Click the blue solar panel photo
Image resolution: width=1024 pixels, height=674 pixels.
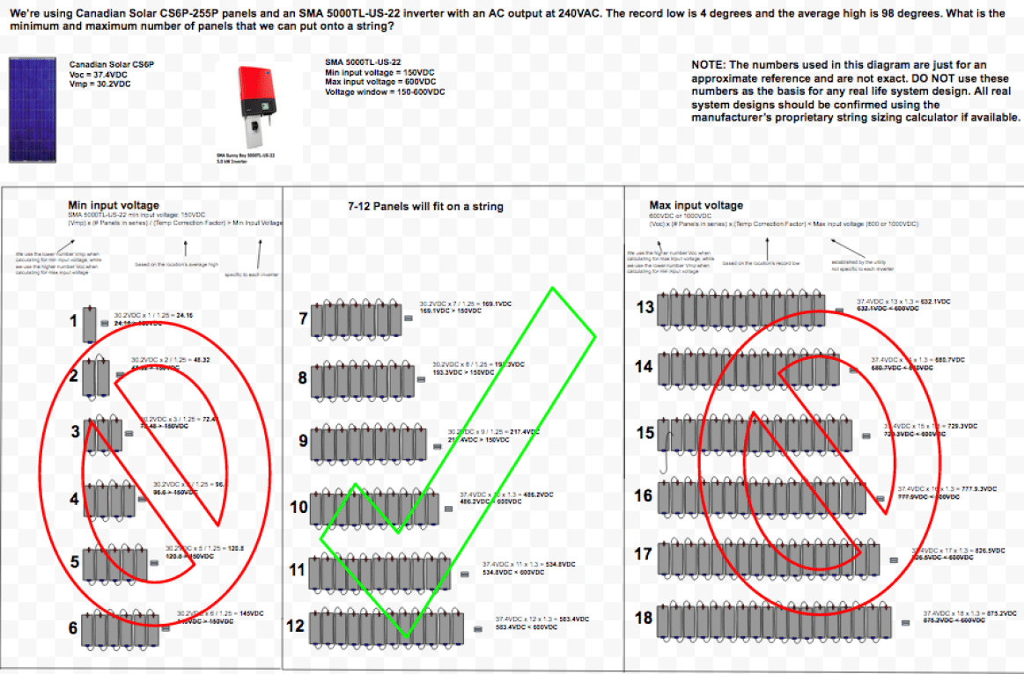(32, 110)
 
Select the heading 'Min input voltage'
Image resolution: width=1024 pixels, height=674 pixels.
(114, 205)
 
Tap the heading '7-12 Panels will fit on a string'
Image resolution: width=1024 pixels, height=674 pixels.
(425, 207)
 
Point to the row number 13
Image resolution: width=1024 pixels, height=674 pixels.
(645, 307)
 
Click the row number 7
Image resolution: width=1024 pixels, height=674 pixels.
(303, 319)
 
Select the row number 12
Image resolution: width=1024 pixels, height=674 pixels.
(296, 626)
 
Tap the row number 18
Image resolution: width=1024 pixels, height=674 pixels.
(644, 618)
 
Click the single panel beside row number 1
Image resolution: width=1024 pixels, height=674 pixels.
(91, 324)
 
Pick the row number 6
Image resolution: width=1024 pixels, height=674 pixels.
(73, 628)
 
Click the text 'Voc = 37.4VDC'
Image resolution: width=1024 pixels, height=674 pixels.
(99, 76)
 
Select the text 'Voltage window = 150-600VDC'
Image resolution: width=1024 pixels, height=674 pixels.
(384, 92)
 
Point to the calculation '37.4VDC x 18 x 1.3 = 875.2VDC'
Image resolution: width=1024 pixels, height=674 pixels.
(969, 612)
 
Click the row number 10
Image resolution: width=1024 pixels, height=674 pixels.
(298, 507)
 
